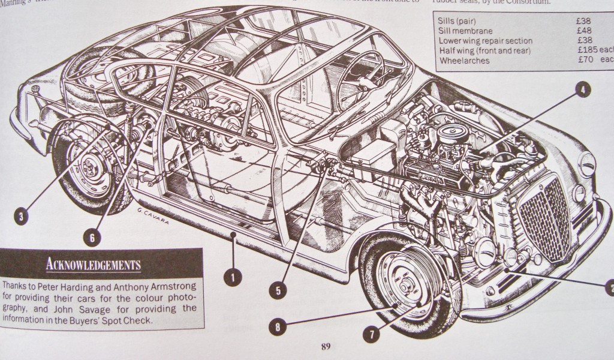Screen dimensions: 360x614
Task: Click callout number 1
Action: tap(232, 277)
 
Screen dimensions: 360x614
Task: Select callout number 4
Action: tap(581, 91)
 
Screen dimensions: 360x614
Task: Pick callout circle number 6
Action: tap(92, 237)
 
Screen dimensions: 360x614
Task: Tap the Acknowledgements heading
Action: tap(93, 264)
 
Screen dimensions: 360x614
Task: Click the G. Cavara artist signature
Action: tap(146, 218)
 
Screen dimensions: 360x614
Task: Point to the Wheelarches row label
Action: tap(464, 61)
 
